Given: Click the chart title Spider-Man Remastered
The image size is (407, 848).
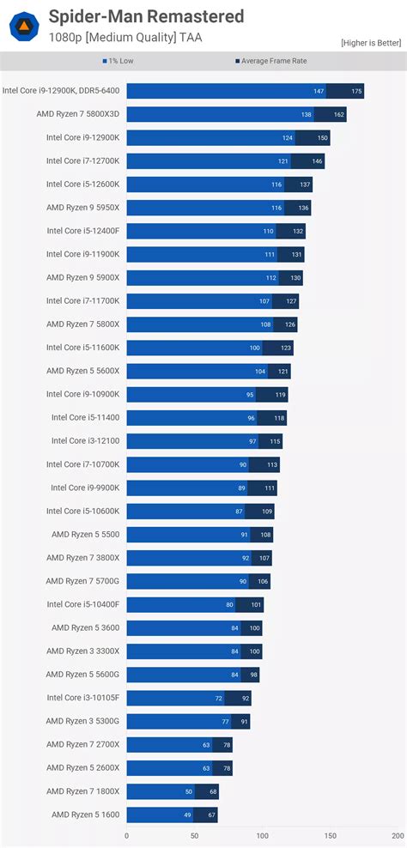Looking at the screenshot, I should point(146,16).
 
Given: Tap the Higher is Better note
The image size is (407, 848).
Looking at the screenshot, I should point(370,43).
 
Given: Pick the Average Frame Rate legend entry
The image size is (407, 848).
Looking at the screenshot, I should point(270,62).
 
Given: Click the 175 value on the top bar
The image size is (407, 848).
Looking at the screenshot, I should point(356,91).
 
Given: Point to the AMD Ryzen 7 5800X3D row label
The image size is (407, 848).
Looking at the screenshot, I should point(77,114).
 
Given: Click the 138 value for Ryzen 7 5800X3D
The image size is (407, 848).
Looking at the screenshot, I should point(306,114).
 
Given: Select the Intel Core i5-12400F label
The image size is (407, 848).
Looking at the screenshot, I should point(82,231).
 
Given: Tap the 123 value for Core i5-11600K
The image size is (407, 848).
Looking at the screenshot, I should point(286,348).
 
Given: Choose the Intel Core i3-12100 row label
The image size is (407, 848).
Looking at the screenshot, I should point(85,441).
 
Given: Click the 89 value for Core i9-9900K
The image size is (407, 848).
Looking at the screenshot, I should point(240,488).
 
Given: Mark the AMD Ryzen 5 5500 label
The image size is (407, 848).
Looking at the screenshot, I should point(85,534).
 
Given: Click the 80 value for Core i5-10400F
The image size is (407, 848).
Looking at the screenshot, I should point(229,604).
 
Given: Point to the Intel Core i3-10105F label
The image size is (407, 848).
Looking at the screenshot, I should point(82,698).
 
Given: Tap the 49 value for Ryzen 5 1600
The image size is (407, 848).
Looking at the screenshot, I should point(186,815).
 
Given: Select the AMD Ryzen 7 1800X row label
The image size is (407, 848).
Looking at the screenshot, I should point(82,791).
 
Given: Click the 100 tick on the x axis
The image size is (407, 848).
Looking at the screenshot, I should point(261,834).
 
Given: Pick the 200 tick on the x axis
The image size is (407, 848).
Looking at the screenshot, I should point(396,834).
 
